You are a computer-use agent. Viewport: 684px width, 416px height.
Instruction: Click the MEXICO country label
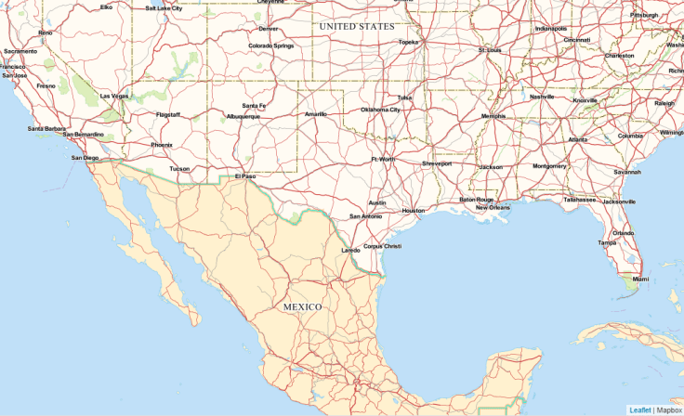tap(302, 306)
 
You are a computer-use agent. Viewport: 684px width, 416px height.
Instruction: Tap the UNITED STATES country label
tap(357, 27)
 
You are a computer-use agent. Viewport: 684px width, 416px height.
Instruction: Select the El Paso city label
tap(244, 175)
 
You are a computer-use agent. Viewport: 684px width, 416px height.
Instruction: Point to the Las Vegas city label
tap(114, 96)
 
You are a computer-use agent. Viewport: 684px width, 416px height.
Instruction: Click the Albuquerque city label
tap(243, 117)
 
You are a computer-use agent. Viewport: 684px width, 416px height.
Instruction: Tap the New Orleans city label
tap(493, 207)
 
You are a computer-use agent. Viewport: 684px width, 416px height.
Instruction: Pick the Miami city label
tap(640, 279)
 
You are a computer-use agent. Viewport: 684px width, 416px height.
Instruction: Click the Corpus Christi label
tap(382, 246)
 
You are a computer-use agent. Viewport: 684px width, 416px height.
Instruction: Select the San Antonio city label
tap(365, 216)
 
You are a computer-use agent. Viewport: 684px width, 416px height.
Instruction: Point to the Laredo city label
tap(350, 250)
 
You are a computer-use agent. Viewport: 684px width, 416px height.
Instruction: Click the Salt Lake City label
tap(164, 7)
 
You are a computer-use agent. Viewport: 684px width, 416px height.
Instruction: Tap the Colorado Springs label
tap(271, 45)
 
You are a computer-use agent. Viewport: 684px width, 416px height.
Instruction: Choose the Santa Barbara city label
tap(46, 128)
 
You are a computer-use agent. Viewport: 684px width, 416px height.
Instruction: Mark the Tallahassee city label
tap(579, 199)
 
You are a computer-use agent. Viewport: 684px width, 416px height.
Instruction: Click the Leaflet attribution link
tap(639, 409)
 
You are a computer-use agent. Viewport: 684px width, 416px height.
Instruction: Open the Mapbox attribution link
tap(669, 409)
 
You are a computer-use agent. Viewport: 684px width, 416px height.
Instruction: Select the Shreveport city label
tap(437, 163)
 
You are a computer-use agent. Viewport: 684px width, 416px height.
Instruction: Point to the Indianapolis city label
tap(551, 28)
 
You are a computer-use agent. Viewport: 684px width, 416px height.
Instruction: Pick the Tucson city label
tap(179, 169)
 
